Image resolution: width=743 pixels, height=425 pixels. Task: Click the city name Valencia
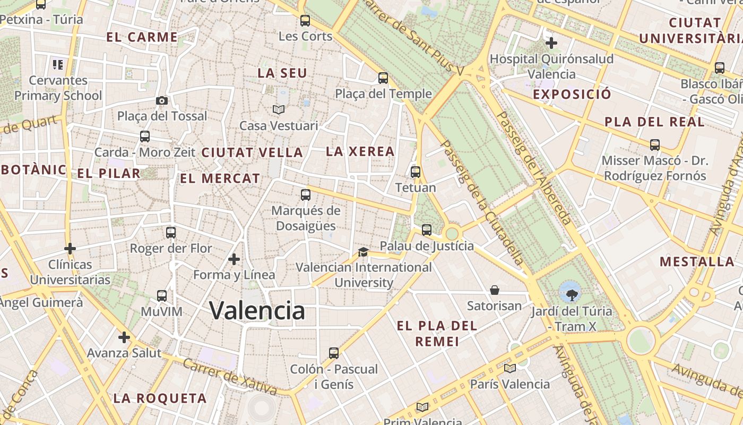(257, 310)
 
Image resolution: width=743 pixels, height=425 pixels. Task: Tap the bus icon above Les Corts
(305, 21)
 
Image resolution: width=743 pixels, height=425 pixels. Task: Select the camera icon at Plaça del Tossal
(162, 100)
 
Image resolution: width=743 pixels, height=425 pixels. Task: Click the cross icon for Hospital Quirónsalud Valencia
(551, 42)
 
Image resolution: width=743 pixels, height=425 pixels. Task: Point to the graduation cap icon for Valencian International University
(363, 252)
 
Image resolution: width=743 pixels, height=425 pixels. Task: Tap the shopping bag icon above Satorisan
(494, 290)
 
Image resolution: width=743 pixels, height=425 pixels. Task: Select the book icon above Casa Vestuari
(279, 110)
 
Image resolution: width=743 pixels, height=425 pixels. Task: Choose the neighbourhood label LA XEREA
(360, 151)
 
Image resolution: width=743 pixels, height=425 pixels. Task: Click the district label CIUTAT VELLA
(252, 152)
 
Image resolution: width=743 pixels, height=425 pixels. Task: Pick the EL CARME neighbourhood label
(142, 37)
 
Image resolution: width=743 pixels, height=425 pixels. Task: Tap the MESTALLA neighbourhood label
(697, 261)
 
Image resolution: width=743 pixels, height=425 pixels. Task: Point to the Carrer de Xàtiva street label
(229, 377)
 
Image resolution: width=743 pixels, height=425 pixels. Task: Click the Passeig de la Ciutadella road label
(482, 202)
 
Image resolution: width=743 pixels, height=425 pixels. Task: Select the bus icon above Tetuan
(416, 172)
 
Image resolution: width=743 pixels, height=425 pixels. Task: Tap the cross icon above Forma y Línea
(234, 259)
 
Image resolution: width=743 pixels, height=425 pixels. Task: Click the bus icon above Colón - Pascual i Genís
(333, 353)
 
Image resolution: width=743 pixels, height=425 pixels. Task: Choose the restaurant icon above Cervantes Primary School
(58, 65)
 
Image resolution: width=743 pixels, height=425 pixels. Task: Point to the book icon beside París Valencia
(510, 368)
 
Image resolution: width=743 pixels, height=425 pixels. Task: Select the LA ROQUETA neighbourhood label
(160, 398)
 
